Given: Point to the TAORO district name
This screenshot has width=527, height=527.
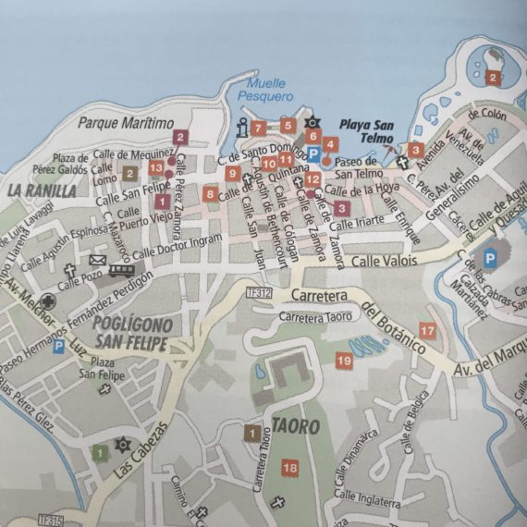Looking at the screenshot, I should point(296,427).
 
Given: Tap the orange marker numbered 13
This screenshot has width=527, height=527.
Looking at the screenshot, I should point(156,167).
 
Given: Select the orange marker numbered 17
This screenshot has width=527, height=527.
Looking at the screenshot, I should point(426,330).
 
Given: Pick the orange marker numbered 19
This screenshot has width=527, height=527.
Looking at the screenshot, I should point(343,360).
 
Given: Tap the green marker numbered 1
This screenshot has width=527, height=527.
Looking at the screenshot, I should point(99,452).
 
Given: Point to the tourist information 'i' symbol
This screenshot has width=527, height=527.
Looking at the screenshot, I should point(239,128).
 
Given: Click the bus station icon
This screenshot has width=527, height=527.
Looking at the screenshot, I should point(121,270).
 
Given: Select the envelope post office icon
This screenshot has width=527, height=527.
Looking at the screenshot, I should point(97,261).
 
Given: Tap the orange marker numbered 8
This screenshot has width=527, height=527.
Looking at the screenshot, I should point(211,193).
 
